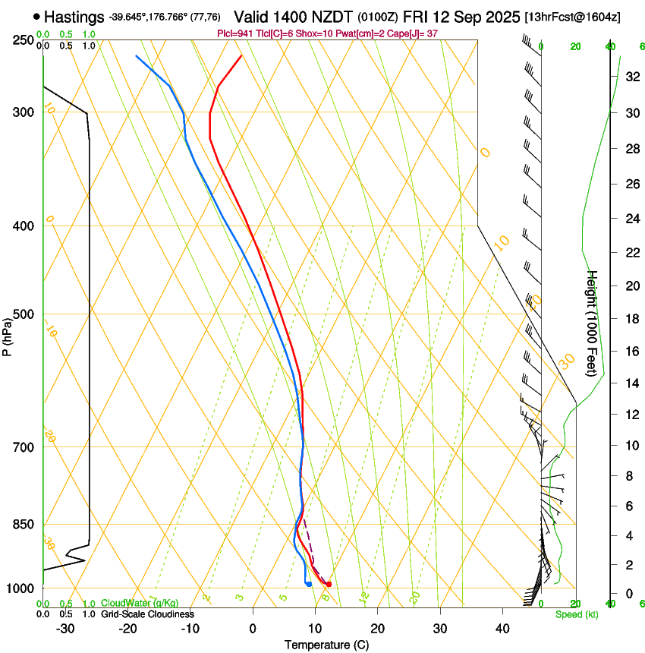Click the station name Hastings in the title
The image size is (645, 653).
[74, 17]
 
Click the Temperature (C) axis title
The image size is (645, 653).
[326, 645]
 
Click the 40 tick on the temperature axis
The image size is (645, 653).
[502, 629]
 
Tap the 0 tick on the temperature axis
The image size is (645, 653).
[253, 629]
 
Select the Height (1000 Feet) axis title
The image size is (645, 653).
[593, 323]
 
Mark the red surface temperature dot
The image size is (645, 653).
[329, 584]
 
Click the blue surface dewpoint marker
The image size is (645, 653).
[309, 584]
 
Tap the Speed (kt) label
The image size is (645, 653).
[576, 614]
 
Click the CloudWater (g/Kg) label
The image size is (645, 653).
[140, 604]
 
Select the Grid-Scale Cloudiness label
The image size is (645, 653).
[147, 614]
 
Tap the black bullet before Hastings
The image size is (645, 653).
[36, 16]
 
